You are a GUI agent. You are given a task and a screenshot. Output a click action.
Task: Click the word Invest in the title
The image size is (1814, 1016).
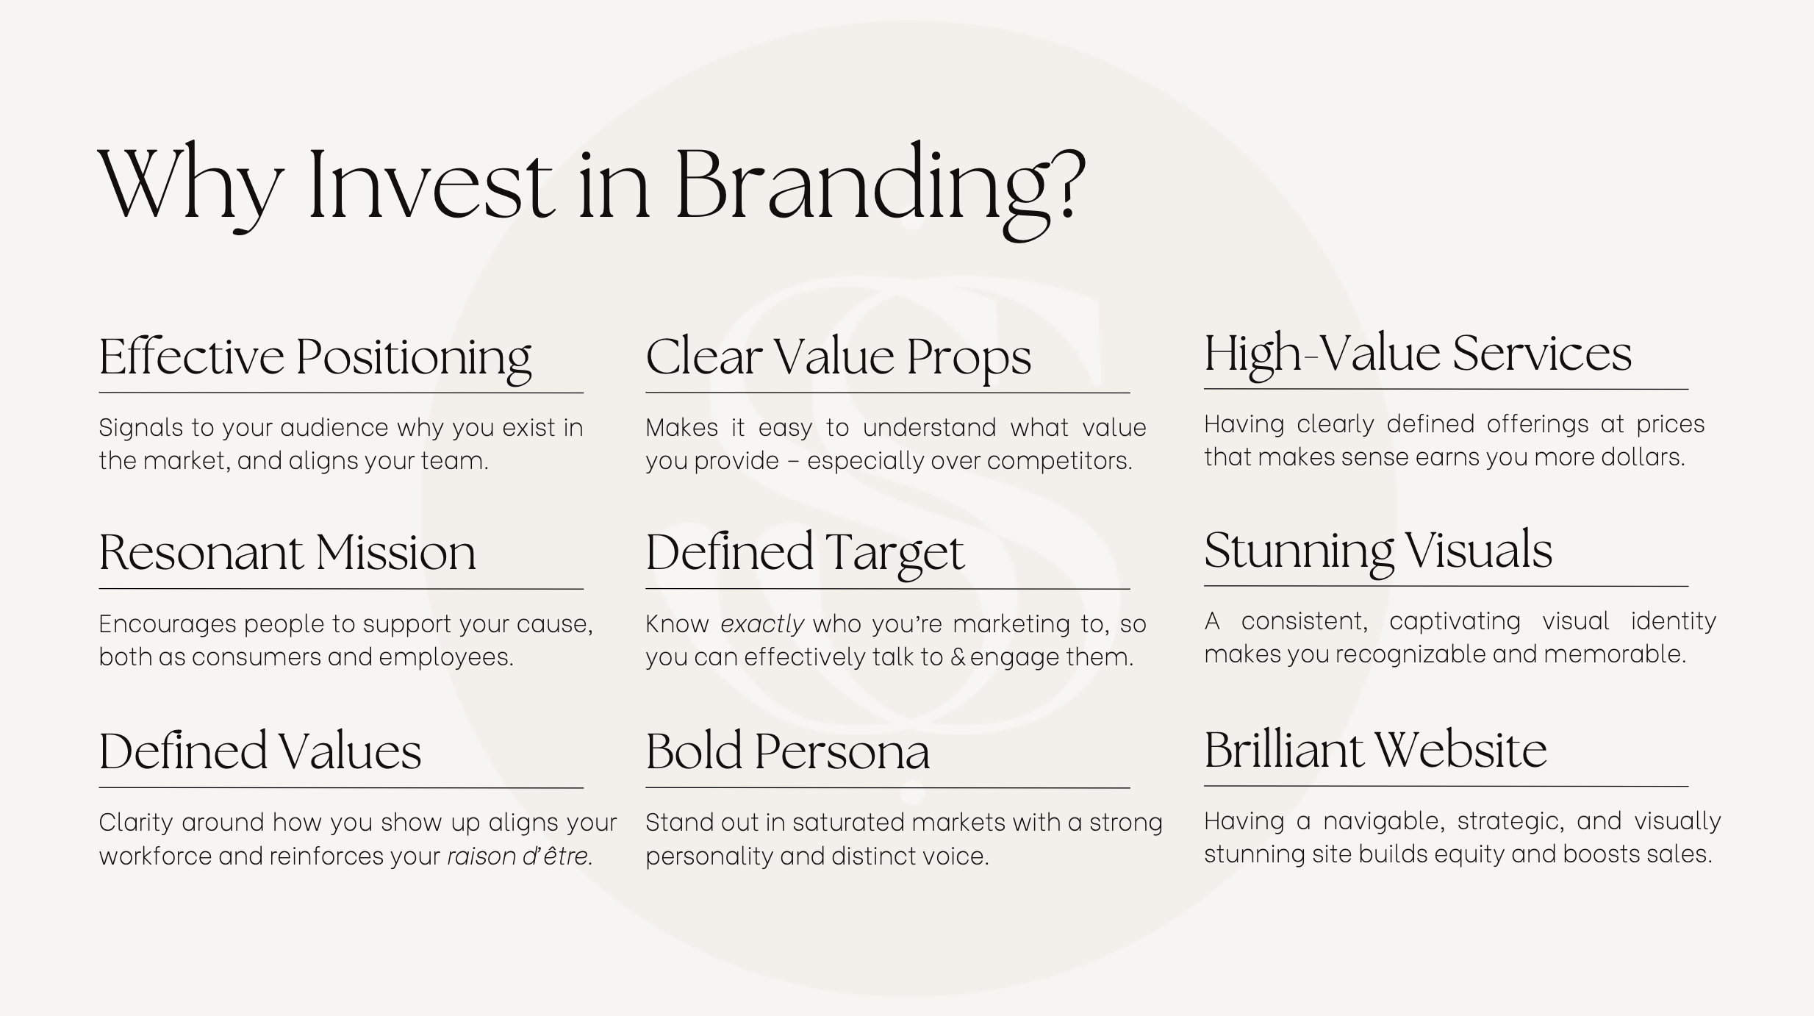pyautogui.click(x=431, y=184)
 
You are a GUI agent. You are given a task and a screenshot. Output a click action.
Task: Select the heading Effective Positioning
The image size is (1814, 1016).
pyautogui.click(x=315, y=358)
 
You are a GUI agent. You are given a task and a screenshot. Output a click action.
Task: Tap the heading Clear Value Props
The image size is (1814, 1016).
pyautogui.click(x=839, y=358)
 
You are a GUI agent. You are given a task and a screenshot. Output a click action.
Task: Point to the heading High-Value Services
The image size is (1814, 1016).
pyautogui.click(x=1418, y=355)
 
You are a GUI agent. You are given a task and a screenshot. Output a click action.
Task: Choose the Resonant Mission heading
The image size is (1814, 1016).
pyautogui.click(x=287, y=553)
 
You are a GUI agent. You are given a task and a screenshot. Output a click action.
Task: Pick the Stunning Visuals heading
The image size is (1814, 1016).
pyautogui.click(x=1378, y=551)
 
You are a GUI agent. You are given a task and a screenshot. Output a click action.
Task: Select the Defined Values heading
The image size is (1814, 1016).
pyautogui.click(x=260, y=751)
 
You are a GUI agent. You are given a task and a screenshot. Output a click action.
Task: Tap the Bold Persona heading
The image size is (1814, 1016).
pyautogui.click(x=788, y=751)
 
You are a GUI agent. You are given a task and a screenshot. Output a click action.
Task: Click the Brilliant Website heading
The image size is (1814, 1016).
pyautogui.click(x=1376, y=750)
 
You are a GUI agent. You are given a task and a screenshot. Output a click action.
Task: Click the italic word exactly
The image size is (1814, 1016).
pyautogui.click(x=762, y=624)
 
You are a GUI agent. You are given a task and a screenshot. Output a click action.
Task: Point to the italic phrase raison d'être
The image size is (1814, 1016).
pyautogui.click(x=520, y=856)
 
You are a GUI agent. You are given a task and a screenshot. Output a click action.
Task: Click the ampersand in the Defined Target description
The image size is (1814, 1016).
pyautogui.click(x=958, y=657)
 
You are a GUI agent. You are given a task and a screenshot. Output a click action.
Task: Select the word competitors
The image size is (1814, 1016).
pyautogui.click(x=1059, y=461)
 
